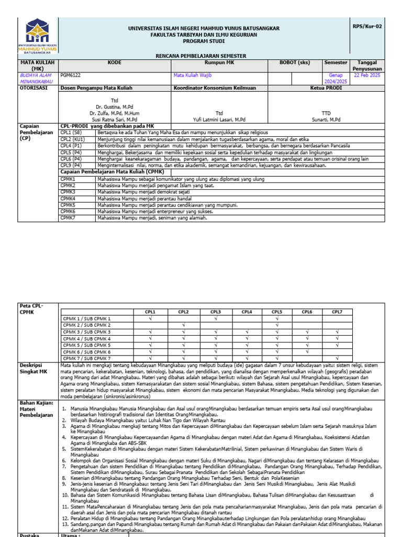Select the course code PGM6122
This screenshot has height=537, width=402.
pos(71,75)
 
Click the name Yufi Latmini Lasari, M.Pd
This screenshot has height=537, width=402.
pos(219,120)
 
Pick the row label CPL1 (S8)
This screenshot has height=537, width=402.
pos(72,133)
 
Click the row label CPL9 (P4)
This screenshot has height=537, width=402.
pos(72,165)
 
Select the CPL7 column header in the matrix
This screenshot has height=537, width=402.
pos(337,312)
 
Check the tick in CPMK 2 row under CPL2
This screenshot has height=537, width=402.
pos(184,325)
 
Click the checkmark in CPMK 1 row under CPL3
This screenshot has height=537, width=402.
pos(216,318)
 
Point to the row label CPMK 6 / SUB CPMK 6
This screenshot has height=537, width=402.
pos(87,352)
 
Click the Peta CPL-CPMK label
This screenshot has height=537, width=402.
pos(31,309)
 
